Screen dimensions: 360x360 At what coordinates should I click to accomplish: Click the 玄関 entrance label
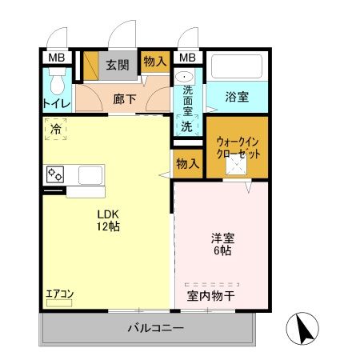click(x=118, y=65)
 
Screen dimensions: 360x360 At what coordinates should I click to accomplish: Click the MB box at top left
click(x=56, y=58)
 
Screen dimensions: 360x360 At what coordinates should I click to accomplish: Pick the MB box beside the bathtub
click(x=186, y=58)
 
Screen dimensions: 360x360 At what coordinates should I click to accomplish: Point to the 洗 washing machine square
click(x=186, y=126)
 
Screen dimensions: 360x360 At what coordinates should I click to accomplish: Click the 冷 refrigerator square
click(x=56, y=128)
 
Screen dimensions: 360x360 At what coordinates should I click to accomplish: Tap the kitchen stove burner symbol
click(x=56, y=174)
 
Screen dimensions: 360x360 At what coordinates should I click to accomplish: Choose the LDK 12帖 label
click(x=109, y=220)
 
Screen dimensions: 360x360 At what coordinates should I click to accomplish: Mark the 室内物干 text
click(x=211, y=296)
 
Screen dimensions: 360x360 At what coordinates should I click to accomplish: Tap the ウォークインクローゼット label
click(x=238, y=146)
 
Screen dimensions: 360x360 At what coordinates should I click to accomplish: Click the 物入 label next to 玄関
click(x=155, y=61)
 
